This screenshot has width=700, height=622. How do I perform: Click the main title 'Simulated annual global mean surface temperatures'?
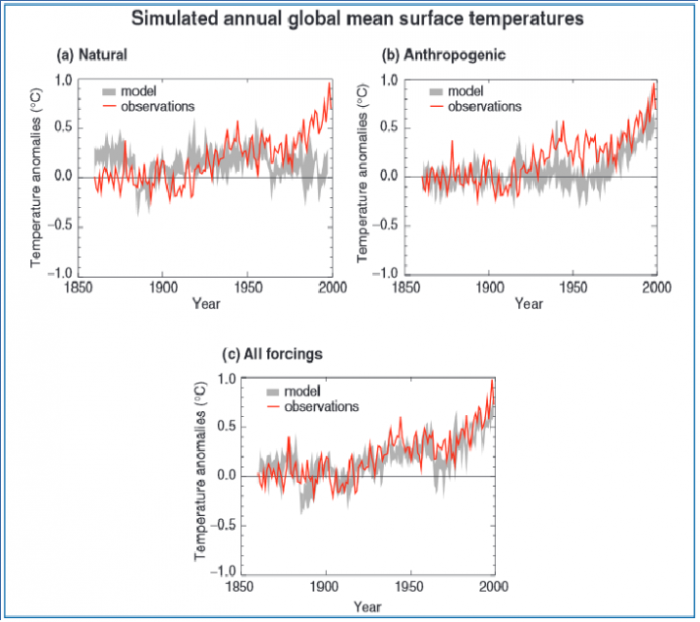[357, 19]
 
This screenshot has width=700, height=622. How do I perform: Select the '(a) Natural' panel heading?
[92, 54]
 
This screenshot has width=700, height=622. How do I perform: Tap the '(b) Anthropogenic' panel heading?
[443, 54]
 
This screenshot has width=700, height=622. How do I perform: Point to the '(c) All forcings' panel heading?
[272, 355]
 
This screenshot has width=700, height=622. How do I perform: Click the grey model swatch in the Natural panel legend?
[109, 92]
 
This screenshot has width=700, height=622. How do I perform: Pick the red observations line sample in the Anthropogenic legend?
[437, 107]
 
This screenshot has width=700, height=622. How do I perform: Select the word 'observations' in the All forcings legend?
[322, 407]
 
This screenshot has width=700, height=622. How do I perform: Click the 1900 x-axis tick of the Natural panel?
[163, 288]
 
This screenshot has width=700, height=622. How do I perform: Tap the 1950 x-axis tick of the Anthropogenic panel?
[574, 288]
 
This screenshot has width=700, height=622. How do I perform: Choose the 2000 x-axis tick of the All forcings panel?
[494, 586]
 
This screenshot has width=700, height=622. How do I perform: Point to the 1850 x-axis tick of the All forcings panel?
[240, 586]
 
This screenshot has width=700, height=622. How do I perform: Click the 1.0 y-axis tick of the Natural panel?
[63, 81]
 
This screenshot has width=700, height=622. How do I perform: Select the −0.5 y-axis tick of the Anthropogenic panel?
[385, 225]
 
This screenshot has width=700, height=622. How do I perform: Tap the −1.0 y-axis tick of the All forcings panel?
[222, 571]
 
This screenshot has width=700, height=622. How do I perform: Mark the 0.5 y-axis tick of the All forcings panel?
[227, 427]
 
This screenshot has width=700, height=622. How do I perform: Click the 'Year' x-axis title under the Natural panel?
[206, 304]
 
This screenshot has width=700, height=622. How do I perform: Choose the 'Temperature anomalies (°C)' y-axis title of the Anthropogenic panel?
[363, 174]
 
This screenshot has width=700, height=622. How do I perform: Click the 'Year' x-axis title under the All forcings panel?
[367, 606]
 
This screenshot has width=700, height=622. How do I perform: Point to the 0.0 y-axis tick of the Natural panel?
[63, 177]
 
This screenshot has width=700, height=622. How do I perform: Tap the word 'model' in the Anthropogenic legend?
[466, 91]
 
